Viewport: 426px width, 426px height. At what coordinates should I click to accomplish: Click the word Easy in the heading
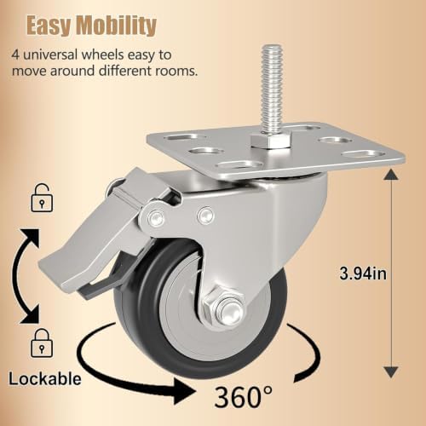coord(49,26)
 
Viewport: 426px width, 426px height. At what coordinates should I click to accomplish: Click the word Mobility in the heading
coord(117,26)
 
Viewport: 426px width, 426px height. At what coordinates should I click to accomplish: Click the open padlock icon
coord(42,198)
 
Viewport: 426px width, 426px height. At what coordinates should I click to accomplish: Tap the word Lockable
coord(45,379)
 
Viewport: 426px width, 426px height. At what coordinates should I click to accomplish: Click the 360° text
coord(244,396)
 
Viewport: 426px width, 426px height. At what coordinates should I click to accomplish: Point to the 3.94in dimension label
coord(363,273)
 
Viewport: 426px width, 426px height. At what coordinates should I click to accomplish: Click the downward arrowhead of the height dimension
coord(391,371)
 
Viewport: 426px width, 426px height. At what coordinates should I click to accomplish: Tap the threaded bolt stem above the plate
coord(272,89)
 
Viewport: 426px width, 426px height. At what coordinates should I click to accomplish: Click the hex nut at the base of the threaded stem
coord(270,141)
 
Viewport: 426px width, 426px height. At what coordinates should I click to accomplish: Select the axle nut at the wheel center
coord(223,308)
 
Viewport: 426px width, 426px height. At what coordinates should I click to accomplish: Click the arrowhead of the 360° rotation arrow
coord(185,392)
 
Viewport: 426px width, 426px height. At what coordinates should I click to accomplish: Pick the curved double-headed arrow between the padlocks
coord(15,274)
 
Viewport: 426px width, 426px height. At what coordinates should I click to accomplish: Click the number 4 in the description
coord(15,55)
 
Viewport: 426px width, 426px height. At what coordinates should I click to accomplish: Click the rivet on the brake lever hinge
coord(156,217)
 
